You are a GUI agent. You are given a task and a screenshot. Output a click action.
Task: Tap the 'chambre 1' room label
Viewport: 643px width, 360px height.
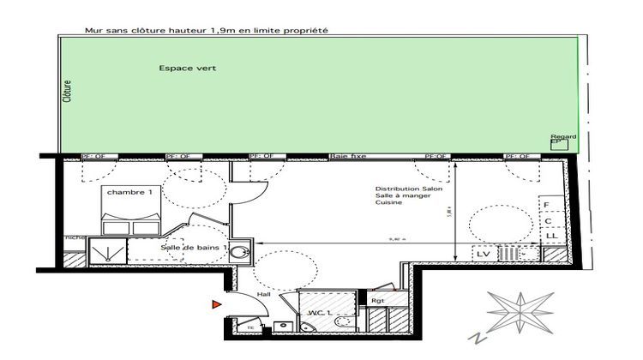(x=130, y=193)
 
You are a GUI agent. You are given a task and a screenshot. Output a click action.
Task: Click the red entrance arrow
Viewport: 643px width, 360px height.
(x=215, y=303)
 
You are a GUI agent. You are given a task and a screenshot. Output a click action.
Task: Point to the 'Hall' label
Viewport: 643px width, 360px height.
(x=263, y=294)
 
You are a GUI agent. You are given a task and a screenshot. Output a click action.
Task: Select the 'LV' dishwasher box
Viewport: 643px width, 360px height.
(x=483, y=254)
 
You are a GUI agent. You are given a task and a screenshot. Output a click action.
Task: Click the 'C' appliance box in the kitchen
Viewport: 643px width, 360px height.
(x=549, y=221)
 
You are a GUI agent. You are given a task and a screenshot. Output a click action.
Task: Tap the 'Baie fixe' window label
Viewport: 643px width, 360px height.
(x=347, y=157)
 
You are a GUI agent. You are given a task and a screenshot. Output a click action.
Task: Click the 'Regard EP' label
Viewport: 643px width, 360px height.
(x=563, y=139)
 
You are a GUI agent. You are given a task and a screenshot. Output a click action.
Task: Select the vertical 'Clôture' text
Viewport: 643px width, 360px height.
(x=67, y=92)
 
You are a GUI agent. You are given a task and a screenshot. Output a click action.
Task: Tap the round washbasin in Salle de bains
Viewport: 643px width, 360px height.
(x=242, y=251)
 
